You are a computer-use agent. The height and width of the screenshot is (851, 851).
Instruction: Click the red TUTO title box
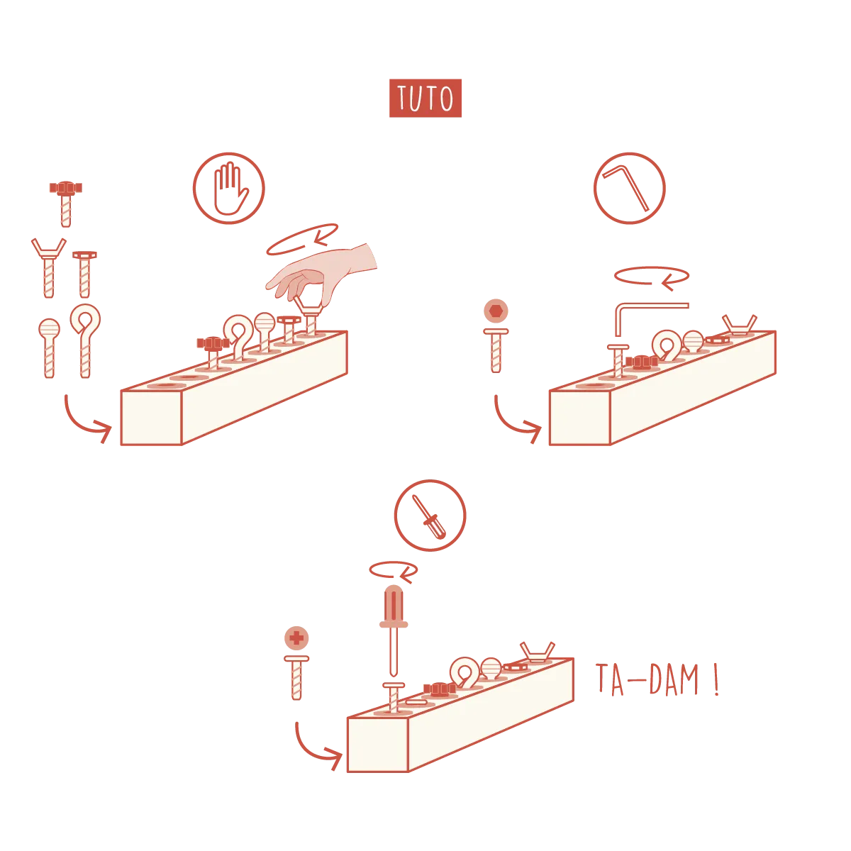[425, 98]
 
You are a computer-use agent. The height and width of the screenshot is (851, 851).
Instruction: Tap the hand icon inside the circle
[230, 189]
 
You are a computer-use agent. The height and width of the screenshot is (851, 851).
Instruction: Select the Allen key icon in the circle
[625, 188]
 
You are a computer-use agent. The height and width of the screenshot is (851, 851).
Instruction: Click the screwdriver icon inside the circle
[429, 516]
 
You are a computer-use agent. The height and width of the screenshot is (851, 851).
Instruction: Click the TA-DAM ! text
[657, 681]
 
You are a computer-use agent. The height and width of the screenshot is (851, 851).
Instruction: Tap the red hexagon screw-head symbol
[496, 311]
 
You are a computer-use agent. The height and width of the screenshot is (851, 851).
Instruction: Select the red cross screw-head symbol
[296, 638]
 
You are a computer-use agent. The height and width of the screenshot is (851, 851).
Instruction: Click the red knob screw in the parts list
[66, 204]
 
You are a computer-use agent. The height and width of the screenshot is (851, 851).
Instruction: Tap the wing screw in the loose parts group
[49, 268]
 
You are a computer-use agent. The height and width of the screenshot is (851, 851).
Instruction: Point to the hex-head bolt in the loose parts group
[84, 274]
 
